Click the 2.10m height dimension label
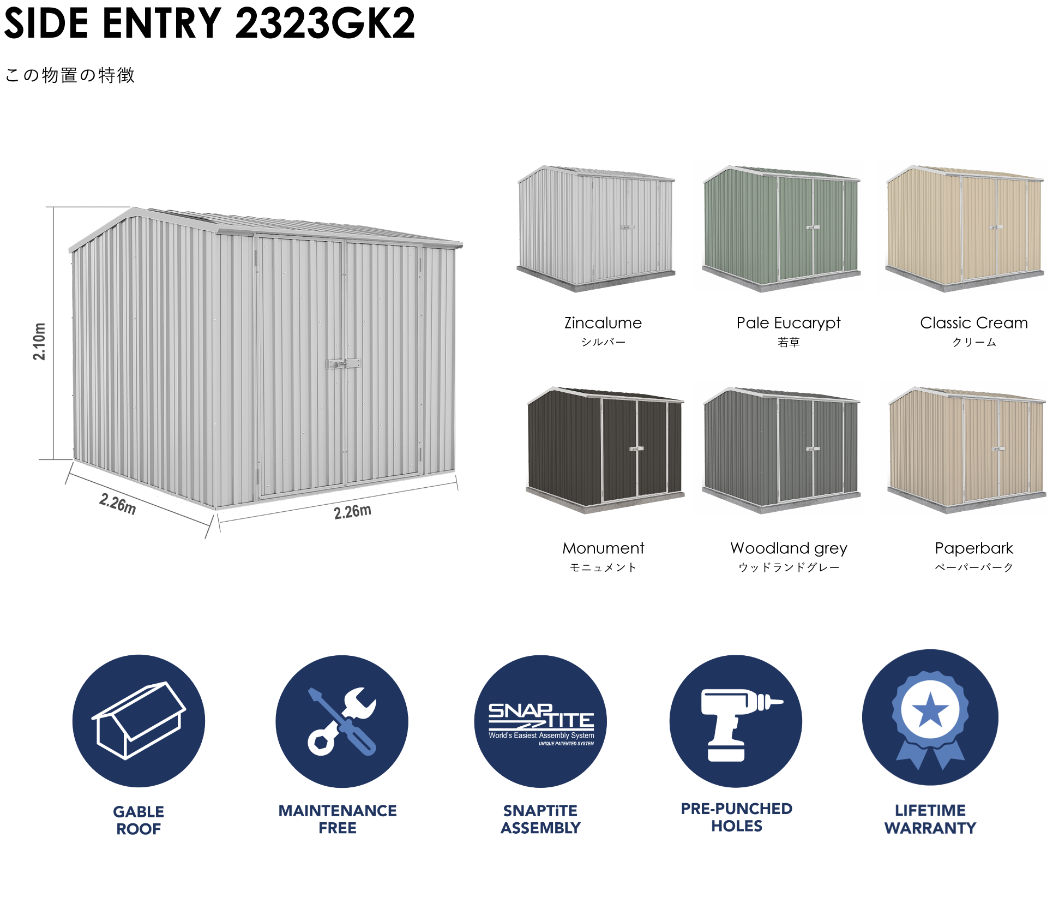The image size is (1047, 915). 40,341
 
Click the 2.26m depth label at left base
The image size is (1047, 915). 118,503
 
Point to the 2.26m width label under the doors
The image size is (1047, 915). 353,512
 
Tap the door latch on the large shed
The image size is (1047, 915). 343,363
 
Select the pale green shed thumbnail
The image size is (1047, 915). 779,226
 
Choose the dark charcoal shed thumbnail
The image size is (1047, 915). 603,448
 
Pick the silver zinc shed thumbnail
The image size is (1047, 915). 594,226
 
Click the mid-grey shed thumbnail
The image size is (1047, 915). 779,448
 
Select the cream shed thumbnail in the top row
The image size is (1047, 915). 962,226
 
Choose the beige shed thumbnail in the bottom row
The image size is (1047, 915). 963,448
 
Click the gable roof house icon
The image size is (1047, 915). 139,721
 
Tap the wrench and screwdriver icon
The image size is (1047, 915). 342,721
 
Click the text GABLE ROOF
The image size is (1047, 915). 139,820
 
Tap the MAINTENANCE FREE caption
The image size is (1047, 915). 338,819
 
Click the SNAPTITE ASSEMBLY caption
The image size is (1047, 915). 540,819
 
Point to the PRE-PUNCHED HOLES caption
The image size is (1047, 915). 736,817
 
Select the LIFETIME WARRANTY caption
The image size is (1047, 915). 930,819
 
